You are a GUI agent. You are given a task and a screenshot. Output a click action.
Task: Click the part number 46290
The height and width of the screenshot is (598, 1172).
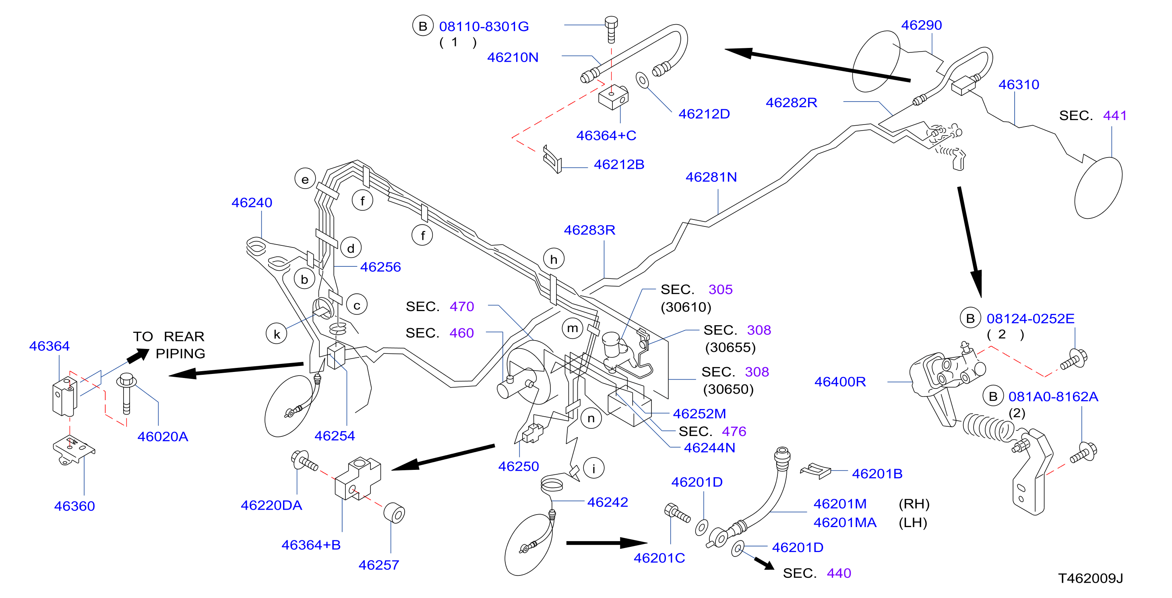pyautogui.click(x=921, y=25)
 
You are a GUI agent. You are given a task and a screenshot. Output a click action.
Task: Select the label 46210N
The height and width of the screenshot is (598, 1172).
pyautogui.click(x=513, y=57)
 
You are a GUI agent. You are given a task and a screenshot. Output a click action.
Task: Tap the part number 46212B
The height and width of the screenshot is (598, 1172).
pyautogui.click(x=619, y=164)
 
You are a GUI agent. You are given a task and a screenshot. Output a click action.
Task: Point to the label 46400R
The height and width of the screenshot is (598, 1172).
pyautogui.click(x=840, y=382)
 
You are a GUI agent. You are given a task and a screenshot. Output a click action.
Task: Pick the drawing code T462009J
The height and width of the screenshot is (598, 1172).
pyautogui.click(x=1090, y=578)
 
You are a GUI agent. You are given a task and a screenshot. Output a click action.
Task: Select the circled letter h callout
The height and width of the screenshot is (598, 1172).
pyautogui.click(x=554, y=259)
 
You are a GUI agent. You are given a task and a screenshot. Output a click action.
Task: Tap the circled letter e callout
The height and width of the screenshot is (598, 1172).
pyautogui.click(x=305, y=179)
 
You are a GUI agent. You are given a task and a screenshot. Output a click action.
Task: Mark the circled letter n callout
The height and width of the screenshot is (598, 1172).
pyautogui.click(x=591, y=418)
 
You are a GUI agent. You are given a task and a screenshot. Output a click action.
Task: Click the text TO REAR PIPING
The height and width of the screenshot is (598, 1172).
pyautogui.click(x=169, y=345)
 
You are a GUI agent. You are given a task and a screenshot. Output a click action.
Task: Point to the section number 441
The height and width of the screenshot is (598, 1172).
pyautogui.click(x=1115, y=116)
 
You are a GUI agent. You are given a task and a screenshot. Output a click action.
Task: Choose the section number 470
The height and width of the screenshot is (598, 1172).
pyautogui.click(x=462, y=307)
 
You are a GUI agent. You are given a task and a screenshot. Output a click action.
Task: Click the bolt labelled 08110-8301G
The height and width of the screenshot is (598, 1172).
pyautogui.click(x=611, y=29)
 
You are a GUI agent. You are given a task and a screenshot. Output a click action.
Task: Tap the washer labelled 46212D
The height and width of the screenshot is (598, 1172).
pyautogui.click(x=642, y=81)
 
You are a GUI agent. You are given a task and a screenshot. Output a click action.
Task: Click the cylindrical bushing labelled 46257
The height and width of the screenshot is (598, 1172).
pyautogui.click(x=394, y=513)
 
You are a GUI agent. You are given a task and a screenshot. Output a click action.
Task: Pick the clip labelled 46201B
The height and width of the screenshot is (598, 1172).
pyautogui.click(x=815, y=471)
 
